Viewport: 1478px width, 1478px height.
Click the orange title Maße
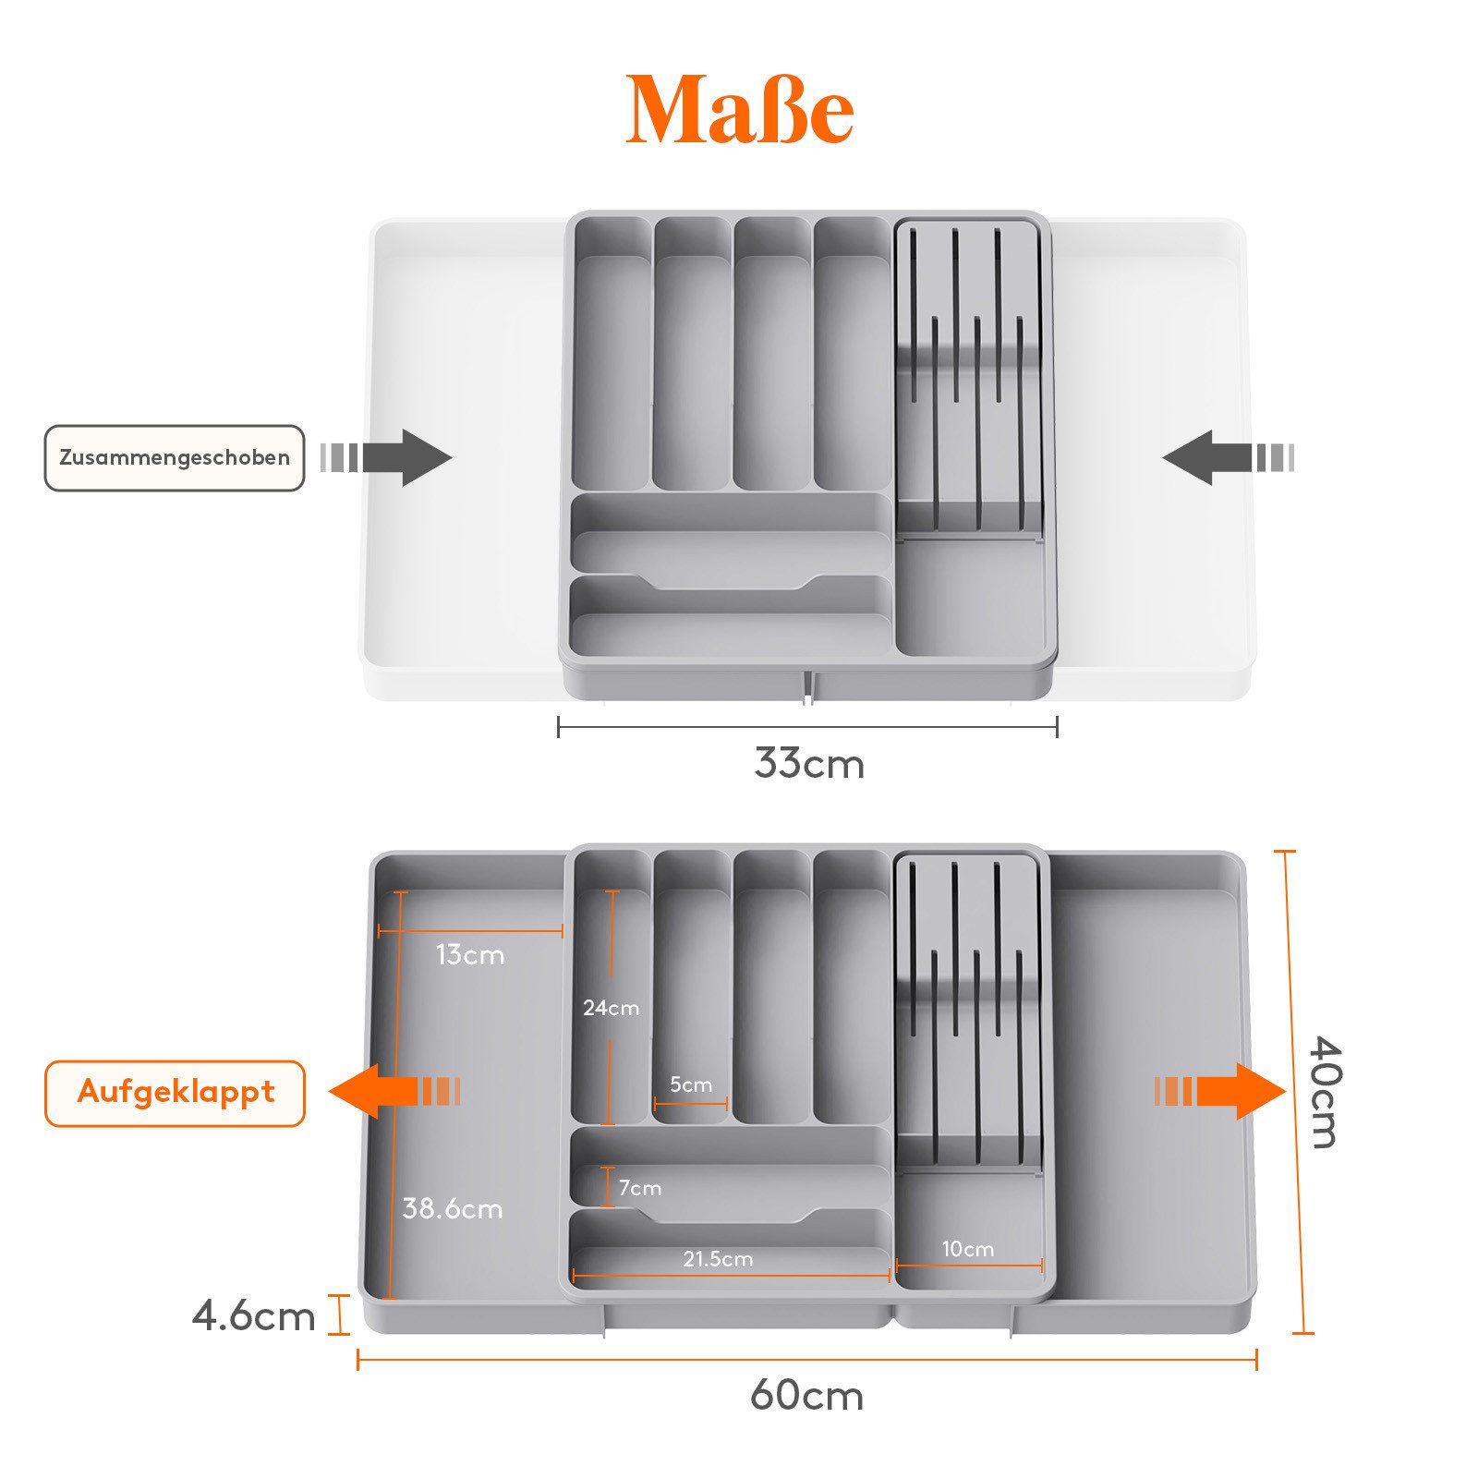point(739,109)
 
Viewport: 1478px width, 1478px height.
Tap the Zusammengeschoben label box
point(175,457)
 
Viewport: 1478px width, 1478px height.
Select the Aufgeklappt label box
point(175,1093)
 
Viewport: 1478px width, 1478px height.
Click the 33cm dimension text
point(809,764)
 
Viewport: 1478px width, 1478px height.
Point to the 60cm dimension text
point(807,1395)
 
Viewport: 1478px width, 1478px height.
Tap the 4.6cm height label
point(254,1315)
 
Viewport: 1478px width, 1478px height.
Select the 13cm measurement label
point(470,955)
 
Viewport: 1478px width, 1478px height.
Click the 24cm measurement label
point(611,1008)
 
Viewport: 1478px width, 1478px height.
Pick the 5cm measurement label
point(691,1084)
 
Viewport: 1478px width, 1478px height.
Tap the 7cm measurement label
point(640,1188)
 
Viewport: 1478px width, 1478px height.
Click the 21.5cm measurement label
point(718,1259)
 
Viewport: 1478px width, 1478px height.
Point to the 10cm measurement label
point(968,1249)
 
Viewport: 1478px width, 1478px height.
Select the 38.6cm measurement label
point(453,1208)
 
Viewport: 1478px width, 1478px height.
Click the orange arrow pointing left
point(394,1091)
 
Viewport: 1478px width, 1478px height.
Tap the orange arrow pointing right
point(1220,1091)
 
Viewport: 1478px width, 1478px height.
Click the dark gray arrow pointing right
point(386,457)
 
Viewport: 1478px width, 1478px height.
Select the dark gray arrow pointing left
point(1229,457)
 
